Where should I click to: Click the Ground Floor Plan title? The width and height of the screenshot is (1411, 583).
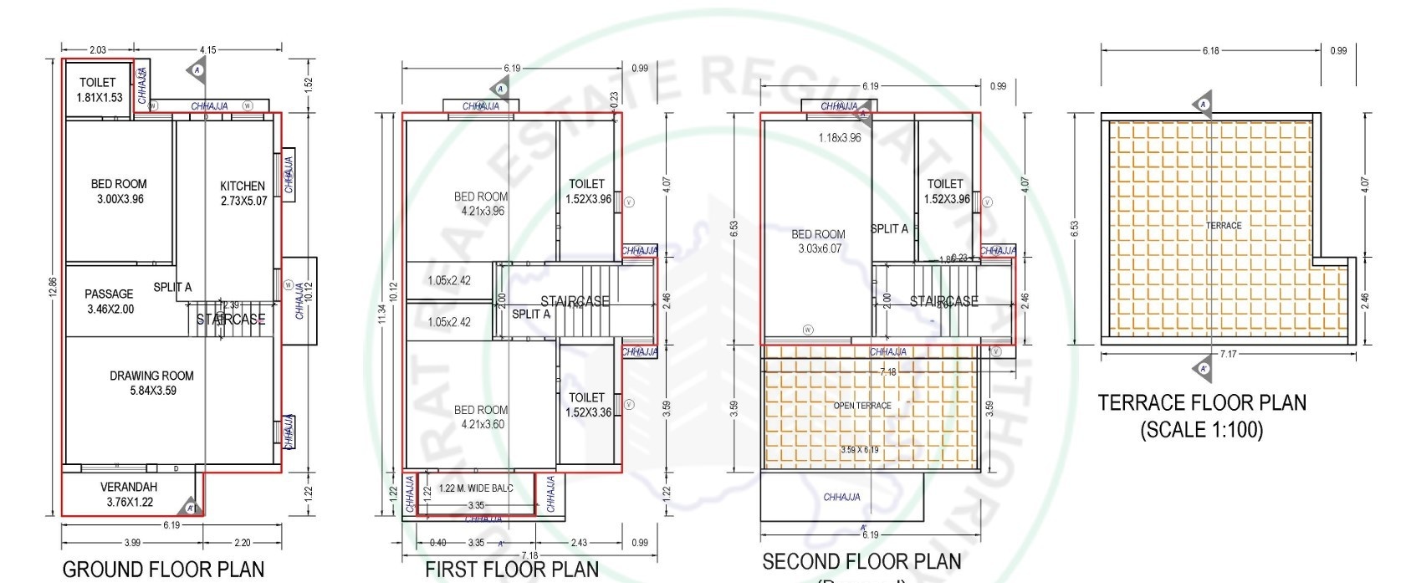(x=163, y=570)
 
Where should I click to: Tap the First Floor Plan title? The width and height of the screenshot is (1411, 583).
(x=512, y=570)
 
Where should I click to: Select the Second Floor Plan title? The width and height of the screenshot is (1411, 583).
(x=861, y=561)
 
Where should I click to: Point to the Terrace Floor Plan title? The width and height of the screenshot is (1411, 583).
(x=1202, y=403)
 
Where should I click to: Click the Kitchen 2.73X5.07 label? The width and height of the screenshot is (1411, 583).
(x=243, y=193)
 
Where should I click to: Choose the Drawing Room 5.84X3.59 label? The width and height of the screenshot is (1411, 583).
(x=151, y=383)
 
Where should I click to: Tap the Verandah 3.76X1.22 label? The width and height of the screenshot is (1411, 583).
(x=129, y=494)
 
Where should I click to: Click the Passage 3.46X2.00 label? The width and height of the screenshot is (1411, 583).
(x=109, y=301)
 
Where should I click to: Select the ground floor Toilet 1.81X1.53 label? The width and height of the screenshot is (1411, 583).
(x=99, y=89)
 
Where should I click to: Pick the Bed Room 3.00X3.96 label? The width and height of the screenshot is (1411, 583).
(x=119, y=192)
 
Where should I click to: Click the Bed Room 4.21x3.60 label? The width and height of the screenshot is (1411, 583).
(x=481, y=417)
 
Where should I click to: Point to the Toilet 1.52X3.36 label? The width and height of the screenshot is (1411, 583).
(x=587, y=405)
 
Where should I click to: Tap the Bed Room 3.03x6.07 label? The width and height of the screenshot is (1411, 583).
(x=819, y=242)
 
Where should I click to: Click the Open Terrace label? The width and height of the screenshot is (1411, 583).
(x=862, y=406)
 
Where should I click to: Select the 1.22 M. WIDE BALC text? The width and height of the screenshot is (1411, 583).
(x=476, y=488)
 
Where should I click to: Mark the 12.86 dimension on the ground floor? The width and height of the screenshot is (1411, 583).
(x=52, y=287)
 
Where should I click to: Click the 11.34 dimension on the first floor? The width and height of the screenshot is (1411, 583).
(x=382, y=314)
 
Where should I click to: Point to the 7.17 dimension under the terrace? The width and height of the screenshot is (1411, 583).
(x=1228, y=355)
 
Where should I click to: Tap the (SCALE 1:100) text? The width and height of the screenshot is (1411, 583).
(x=1202, y=430)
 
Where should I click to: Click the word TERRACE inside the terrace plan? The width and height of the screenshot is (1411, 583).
(x=1224, y=226)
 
